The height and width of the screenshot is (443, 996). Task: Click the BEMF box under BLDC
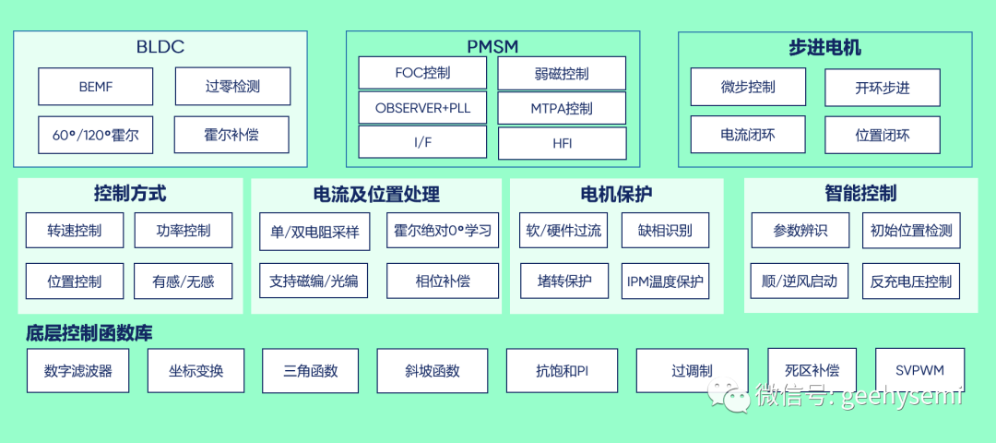(95, 87)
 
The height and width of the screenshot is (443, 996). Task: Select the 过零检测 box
(232, 87)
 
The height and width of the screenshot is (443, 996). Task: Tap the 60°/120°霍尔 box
(95, 135)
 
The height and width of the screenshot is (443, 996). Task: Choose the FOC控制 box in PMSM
(422, 73)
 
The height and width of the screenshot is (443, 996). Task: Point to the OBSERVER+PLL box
(422, 108)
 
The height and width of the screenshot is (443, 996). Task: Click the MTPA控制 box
(562, 108)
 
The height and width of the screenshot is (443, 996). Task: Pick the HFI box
(562, 143)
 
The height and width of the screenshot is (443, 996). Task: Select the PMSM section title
(492, 46)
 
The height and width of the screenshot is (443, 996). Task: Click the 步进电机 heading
(824, 48)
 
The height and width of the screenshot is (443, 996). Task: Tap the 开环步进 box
(882, 88)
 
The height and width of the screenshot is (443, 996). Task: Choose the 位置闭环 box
(882, 135)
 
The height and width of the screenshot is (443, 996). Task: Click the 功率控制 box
(184, 230)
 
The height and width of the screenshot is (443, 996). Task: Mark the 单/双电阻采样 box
(314, 231)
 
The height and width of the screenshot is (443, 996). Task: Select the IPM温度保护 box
(665, 281)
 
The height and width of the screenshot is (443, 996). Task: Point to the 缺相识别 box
(665, 230)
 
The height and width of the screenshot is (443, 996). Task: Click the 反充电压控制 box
(911, 281)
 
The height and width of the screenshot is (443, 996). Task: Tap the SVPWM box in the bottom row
(919, 370)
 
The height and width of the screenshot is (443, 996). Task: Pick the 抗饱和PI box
(563, 371)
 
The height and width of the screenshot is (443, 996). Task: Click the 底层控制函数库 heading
(89, 333)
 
